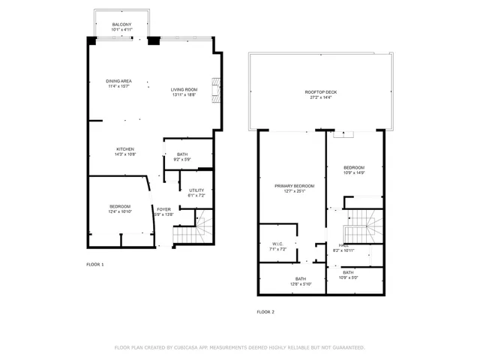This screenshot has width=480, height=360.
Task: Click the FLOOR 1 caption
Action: (x=95, y=265)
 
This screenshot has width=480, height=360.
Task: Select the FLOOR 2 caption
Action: (x=265, y=311)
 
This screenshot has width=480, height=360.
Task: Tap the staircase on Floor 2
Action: (x=361, y=224)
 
